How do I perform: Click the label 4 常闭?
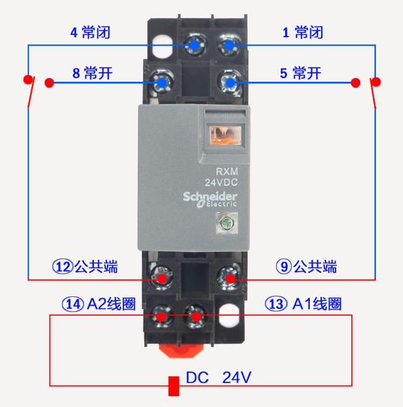[x=89, y=33]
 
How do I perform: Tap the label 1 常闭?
[x=302, y=33]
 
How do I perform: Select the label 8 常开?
[x=92, y=73]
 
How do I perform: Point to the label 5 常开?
[x=300, y=73]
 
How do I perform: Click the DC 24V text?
[x=219, y=377]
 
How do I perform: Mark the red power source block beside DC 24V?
[x=174, y=386]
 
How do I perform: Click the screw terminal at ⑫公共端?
[x=163, y=277]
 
